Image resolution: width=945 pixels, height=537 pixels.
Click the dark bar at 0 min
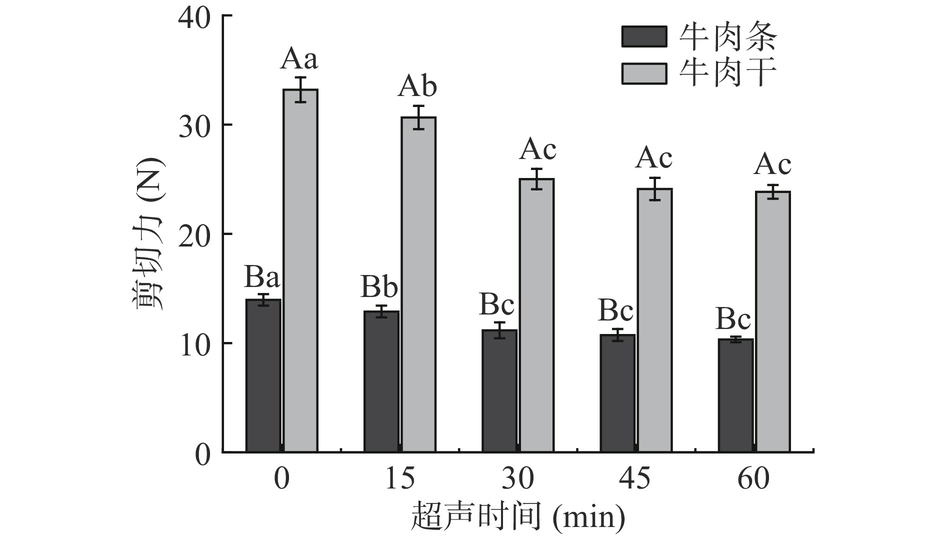coord(263,375)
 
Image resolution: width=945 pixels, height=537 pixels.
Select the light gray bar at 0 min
coord(300,270)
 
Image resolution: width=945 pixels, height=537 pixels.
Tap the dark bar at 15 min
coord(381,381)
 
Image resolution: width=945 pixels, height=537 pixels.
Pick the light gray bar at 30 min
coord(536,315)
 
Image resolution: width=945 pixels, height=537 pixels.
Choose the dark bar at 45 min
coord(617,393)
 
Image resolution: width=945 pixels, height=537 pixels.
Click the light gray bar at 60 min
coord(772,322)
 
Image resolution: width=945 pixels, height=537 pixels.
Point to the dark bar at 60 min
coord(735,395)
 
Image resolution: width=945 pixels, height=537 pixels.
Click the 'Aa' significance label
coord(299,59)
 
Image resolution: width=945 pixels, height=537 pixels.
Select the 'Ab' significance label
coord(417,87)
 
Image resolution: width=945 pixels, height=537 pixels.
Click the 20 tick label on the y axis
coord(194,234)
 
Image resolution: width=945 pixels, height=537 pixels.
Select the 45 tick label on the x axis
coord(635,478)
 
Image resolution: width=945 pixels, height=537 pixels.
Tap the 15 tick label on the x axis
coord(399,478)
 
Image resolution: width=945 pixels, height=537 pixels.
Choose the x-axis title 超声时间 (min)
coord(518,517)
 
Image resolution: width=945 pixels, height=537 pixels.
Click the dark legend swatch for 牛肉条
coord(644,37)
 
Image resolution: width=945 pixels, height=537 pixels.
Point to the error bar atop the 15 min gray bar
coord(418,117)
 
